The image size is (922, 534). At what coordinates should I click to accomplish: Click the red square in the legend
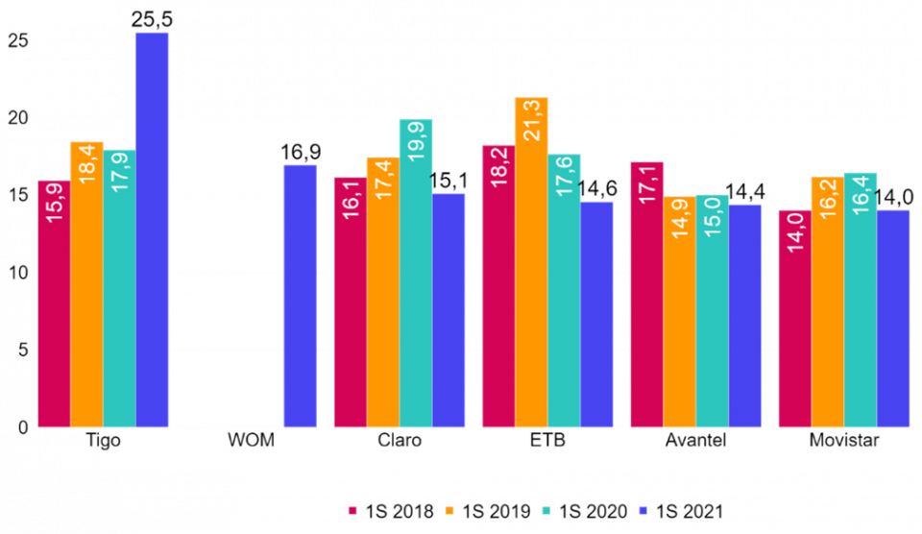click(x=352, y=510)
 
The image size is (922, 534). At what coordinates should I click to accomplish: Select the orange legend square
click(x=449, y=510)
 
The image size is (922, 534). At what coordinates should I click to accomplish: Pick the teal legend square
click(x=546, y=510)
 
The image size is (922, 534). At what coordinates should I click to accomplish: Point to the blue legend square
click(x=643, y=510)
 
